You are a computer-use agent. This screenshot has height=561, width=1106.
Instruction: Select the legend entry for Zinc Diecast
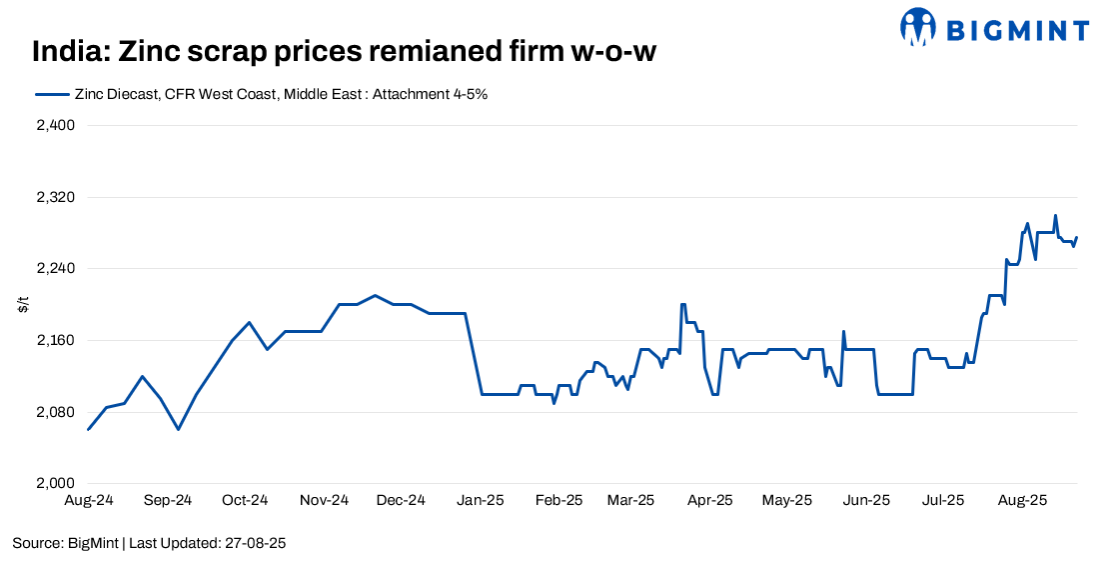point(280,94)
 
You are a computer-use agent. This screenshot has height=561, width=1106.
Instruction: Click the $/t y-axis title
point(23,305)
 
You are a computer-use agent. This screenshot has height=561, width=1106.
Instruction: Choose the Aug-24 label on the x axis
point(89,500)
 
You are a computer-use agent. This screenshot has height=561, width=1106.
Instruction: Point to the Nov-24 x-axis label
point(324,500)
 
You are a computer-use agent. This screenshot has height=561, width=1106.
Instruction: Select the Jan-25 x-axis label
point(481,500)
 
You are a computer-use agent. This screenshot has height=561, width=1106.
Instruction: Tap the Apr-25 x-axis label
point(709,500)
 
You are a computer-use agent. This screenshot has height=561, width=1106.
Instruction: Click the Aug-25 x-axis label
point(1022,500)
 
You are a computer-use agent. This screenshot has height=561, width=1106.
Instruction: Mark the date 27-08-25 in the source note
point(258,543)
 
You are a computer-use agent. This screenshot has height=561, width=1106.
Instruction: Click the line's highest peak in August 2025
point(1055,215)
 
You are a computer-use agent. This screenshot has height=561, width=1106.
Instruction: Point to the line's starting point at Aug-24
point(89,430)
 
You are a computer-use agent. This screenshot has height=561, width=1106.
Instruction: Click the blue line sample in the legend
point(51,94)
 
